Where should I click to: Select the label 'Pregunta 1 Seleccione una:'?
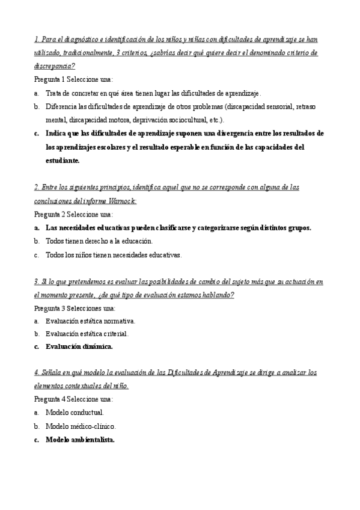[x=73, y=79]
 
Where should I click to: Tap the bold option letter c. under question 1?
[x=37, y=133]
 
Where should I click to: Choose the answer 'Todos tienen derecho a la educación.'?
[x=99, y=241]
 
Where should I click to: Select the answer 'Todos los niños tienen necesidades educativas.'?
[x=113, y=254]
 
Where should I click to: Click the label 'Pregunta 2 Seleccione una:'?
[x=73, y=214]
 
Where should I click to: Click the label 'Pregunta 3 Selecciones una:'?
[x=75, y=307]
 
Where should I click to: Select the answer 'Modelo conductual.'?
[x=75, y=413]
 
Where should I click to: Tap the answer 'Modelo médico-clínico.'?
[x=81, y=426]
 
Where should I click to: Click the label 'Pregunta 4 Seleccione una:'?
[x=73, y=399]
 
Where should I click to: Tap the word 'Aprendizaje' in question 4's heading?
[x=227, y=373]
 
